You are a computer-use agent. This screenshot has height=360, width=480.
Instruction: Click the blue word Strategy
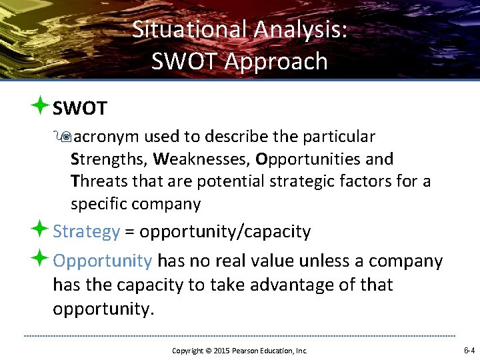tap(86, 232)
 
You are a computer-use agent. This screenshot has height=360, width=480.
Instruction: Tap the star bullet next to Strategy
tap(41, 231)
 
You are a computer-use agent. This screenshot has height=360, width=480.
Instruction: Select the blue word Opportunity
tap(103, 261)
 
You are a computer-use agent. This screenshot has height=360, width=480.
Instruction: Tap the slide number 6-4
tap(469, 350)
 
